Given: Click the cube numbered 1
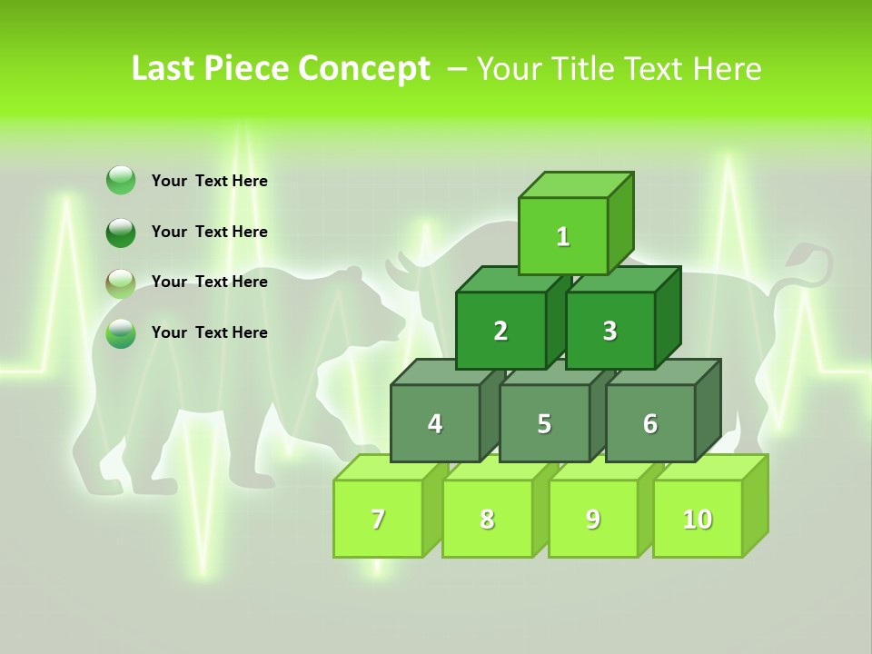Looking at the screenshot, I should coord(563,236).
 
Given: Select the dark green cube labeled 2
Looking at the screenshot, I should coord(500,331).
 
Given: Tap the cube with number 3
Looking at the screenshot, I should coord(609,331).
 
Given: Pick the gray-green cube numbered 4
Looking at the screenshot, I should coord(435,423).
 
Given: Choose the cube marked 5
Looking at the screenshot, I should coord(544,423).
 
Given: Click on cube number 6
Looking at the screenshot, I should coord(650,423).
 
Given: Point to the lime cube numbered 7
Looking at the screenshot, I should coord(378,519).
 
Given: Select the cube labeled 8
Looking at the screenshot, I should coord(487,519).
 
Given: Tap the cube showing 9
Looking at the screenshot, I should coord(593,519).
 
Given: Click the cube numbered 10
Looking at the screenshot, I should coord(698,519).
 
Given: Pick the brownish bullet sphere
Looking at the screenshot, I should coord(121,283).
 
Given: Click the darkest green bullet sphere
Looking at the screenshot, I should coord(121,233).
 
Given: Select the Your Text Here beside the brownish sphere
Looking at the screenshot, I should coord(209,282).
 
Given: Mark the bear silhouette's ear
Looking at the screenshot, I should coord(351,272).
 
